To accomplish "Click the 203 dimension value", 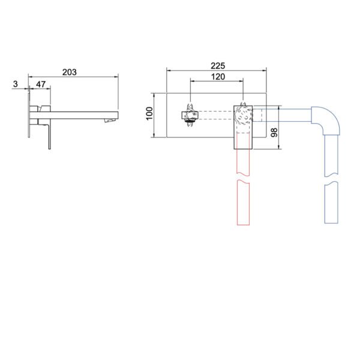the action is click(70, 73).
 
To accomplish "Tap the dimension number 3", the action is click(16, 84).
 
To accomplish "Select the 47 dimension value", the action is click(41, 84).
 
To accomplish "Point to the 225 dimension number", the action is click(218, 66).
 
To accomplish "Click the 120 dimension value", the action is click(218, 77).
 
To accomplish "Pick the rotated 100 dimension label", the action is click(149, 113).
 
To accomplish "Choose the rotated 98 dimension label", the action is click(274, 133).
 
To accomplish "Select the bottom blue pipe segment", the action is click(331, 202).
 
